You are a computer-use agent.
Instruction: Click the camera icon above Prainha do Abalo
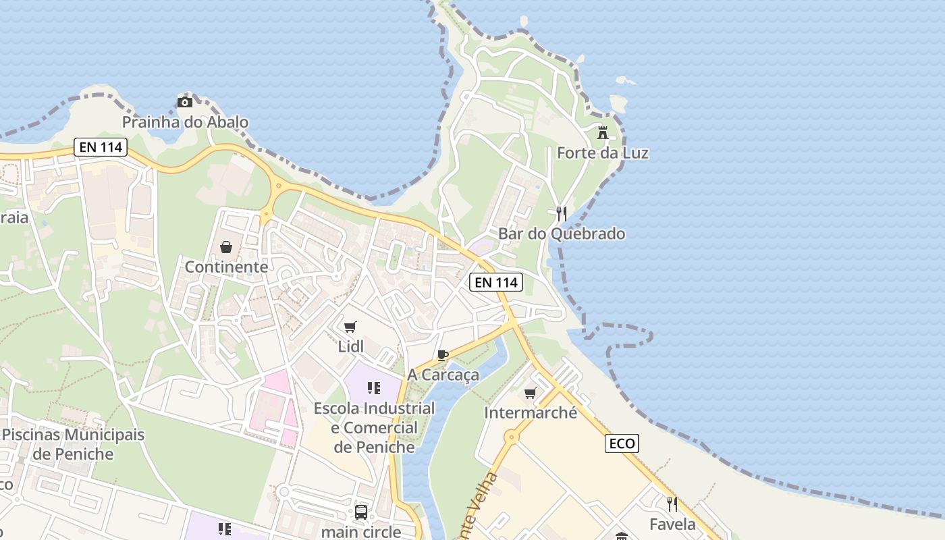click(x=184, y=102)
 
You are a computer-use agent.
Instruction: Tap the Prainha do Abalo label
click(x=185, y=122)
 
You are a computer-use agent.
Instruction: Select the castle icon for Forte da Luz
click(x=602, y=132)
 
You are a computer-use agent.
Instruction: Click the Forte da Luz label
click(x=602, y=153)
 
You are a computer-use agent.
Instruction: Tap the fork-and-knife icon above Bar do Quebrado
click(x=561, y=213)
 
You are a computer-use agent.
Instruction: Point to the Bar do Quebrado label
click(x=562, y=234)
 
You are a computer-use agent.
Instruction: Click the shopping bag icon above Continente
click(x=226, y=247)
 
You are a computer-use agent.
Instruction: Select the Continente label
click(x=226, y=267)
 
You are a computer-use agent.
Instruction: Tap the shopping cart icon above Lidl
click(x=350, y=327)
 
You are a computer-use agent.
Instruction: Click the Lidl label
click(x=350, y=347)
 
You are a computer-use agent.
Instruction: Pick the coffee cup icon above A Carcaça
click(x=443, y=355)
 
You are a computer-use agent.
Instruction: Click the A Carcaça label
click(x=443, y=375)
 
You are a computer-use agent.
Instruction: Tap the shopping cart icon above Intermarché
click(x=531, y=392)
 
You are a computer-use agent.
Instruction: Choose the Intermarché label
click(x=531, y=412)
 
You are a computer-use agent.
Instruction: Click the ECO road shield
click(x=622, y=443)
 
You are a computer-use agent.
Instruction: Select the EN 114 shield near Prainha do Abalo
click(x=101, y=147)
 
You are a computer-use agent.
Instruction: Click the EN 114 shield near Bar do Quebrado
click(x=496, y=282)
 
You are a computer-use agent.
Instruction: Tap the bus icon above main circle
click(x=361, y=512)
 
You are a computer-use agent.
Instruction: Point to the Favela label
click(x=672, y=524)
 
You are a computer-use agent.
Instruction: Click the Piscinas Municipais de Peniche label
click(x=73, y=444)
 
